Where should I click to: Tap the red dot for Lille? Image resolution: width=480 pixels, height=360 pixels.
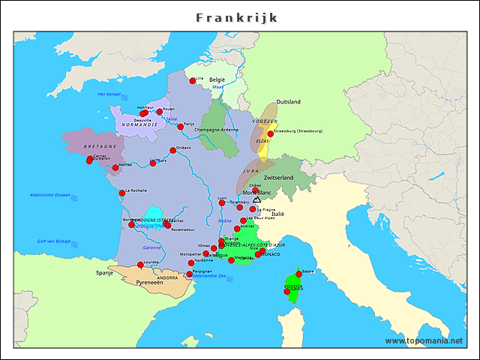[193, 80]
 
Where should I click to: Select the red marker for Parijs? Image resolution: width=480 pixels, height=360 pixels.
[181, 127]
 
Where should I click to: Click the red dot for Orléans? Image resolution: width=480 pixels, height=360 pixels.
[173, 150]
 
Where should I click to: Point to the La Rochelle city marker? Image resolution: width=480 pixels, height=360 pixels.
[122, 193]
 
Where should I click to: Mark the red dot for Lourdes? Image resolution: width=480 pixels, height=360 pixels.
[140, 264]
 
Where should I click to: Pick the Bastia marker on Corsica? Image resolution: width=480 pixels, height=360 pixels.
[298, 274]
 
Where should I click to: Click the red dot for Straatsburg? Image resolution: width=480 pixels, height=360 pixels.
[271, 133]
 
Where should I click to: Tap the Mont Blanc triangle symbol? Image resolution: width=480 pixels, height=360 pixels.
[257, 199]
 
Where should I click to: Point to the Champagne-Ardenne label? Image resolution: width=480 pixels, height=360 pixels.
[216, 130]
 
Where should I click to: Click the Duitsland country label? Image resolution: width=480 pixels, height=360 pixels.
[289, 101]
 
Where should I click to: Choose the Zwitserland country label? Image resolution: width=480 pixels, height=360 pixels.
[278, 178]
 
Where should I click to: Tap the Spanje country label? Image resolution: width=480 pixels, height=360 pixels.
[103, 274]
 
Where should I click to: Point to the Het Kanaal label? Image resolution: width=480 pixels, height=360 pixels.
[109, 94]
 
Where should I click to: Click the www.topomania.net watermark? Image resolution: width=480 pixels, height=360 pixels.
[424, 340]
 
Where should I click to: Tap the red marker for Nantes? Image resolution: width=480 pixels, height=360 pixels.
[115, 168]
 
